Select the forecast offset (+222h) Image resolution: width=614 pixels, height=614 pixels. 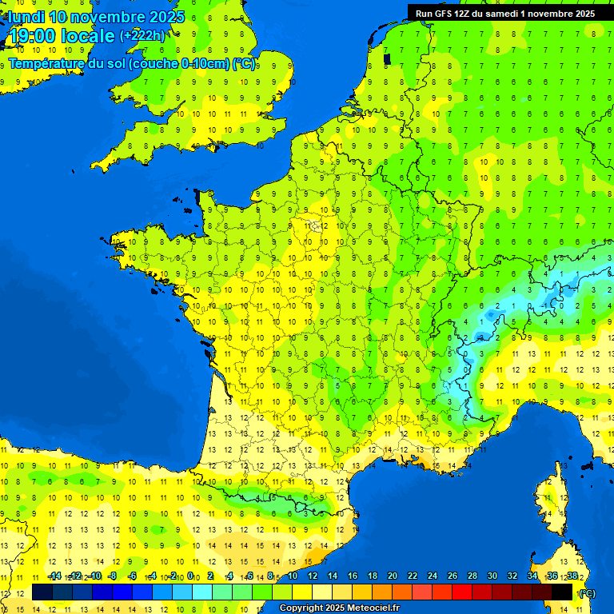pos(143,36)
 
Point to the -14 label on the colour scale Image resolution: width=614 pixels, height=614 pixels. pos(54,576)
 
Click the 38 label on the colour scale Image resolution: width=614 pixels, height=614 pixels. pos(572,576)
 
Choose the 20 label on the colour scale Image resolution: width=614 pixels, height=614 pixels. pos(393,576)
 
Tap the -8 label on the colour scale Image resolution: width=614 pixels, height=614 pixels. pos(114,576)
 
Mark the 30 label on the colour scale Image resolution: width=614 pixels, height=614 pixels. pos(492,576)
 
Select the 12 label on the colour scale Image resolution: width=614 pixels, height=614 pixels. pos(313,576)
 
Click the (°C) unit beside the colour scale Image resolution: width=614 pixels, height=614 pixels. pos(588,593)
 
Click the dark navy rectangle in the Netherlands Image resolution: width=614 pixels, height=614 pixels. pos(387,58)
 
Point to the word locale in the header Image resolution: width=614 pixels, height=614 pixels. pos(90,36)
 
